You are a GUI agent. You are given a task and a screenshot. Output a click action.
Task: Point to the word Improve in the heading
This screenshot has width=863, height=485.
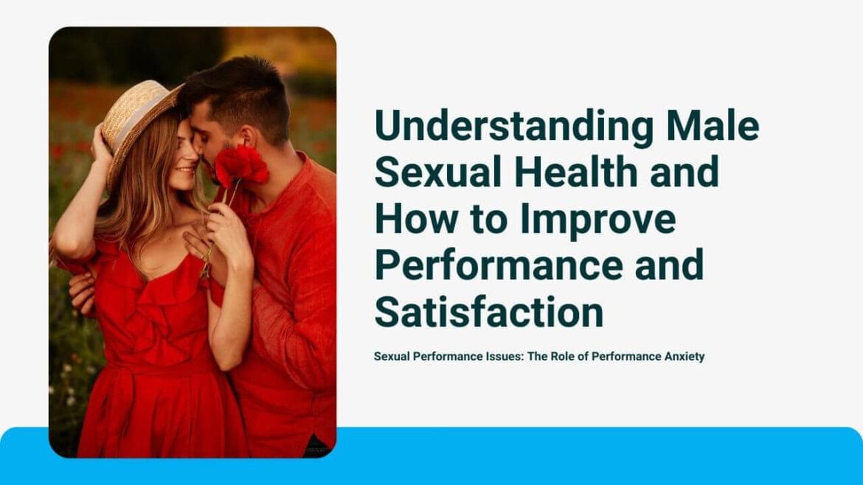(597, 220)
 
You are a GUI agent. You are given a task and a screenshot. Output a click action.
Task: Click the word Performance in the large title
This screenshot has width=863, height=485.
(499, 265)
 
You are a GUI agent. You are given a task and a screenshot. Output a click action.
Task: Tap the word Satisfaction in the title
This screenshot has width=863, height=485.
(489, 312)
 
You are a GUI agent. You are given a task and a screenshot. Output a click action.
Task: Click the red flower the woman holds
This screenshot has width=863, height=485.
(240, 165)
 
